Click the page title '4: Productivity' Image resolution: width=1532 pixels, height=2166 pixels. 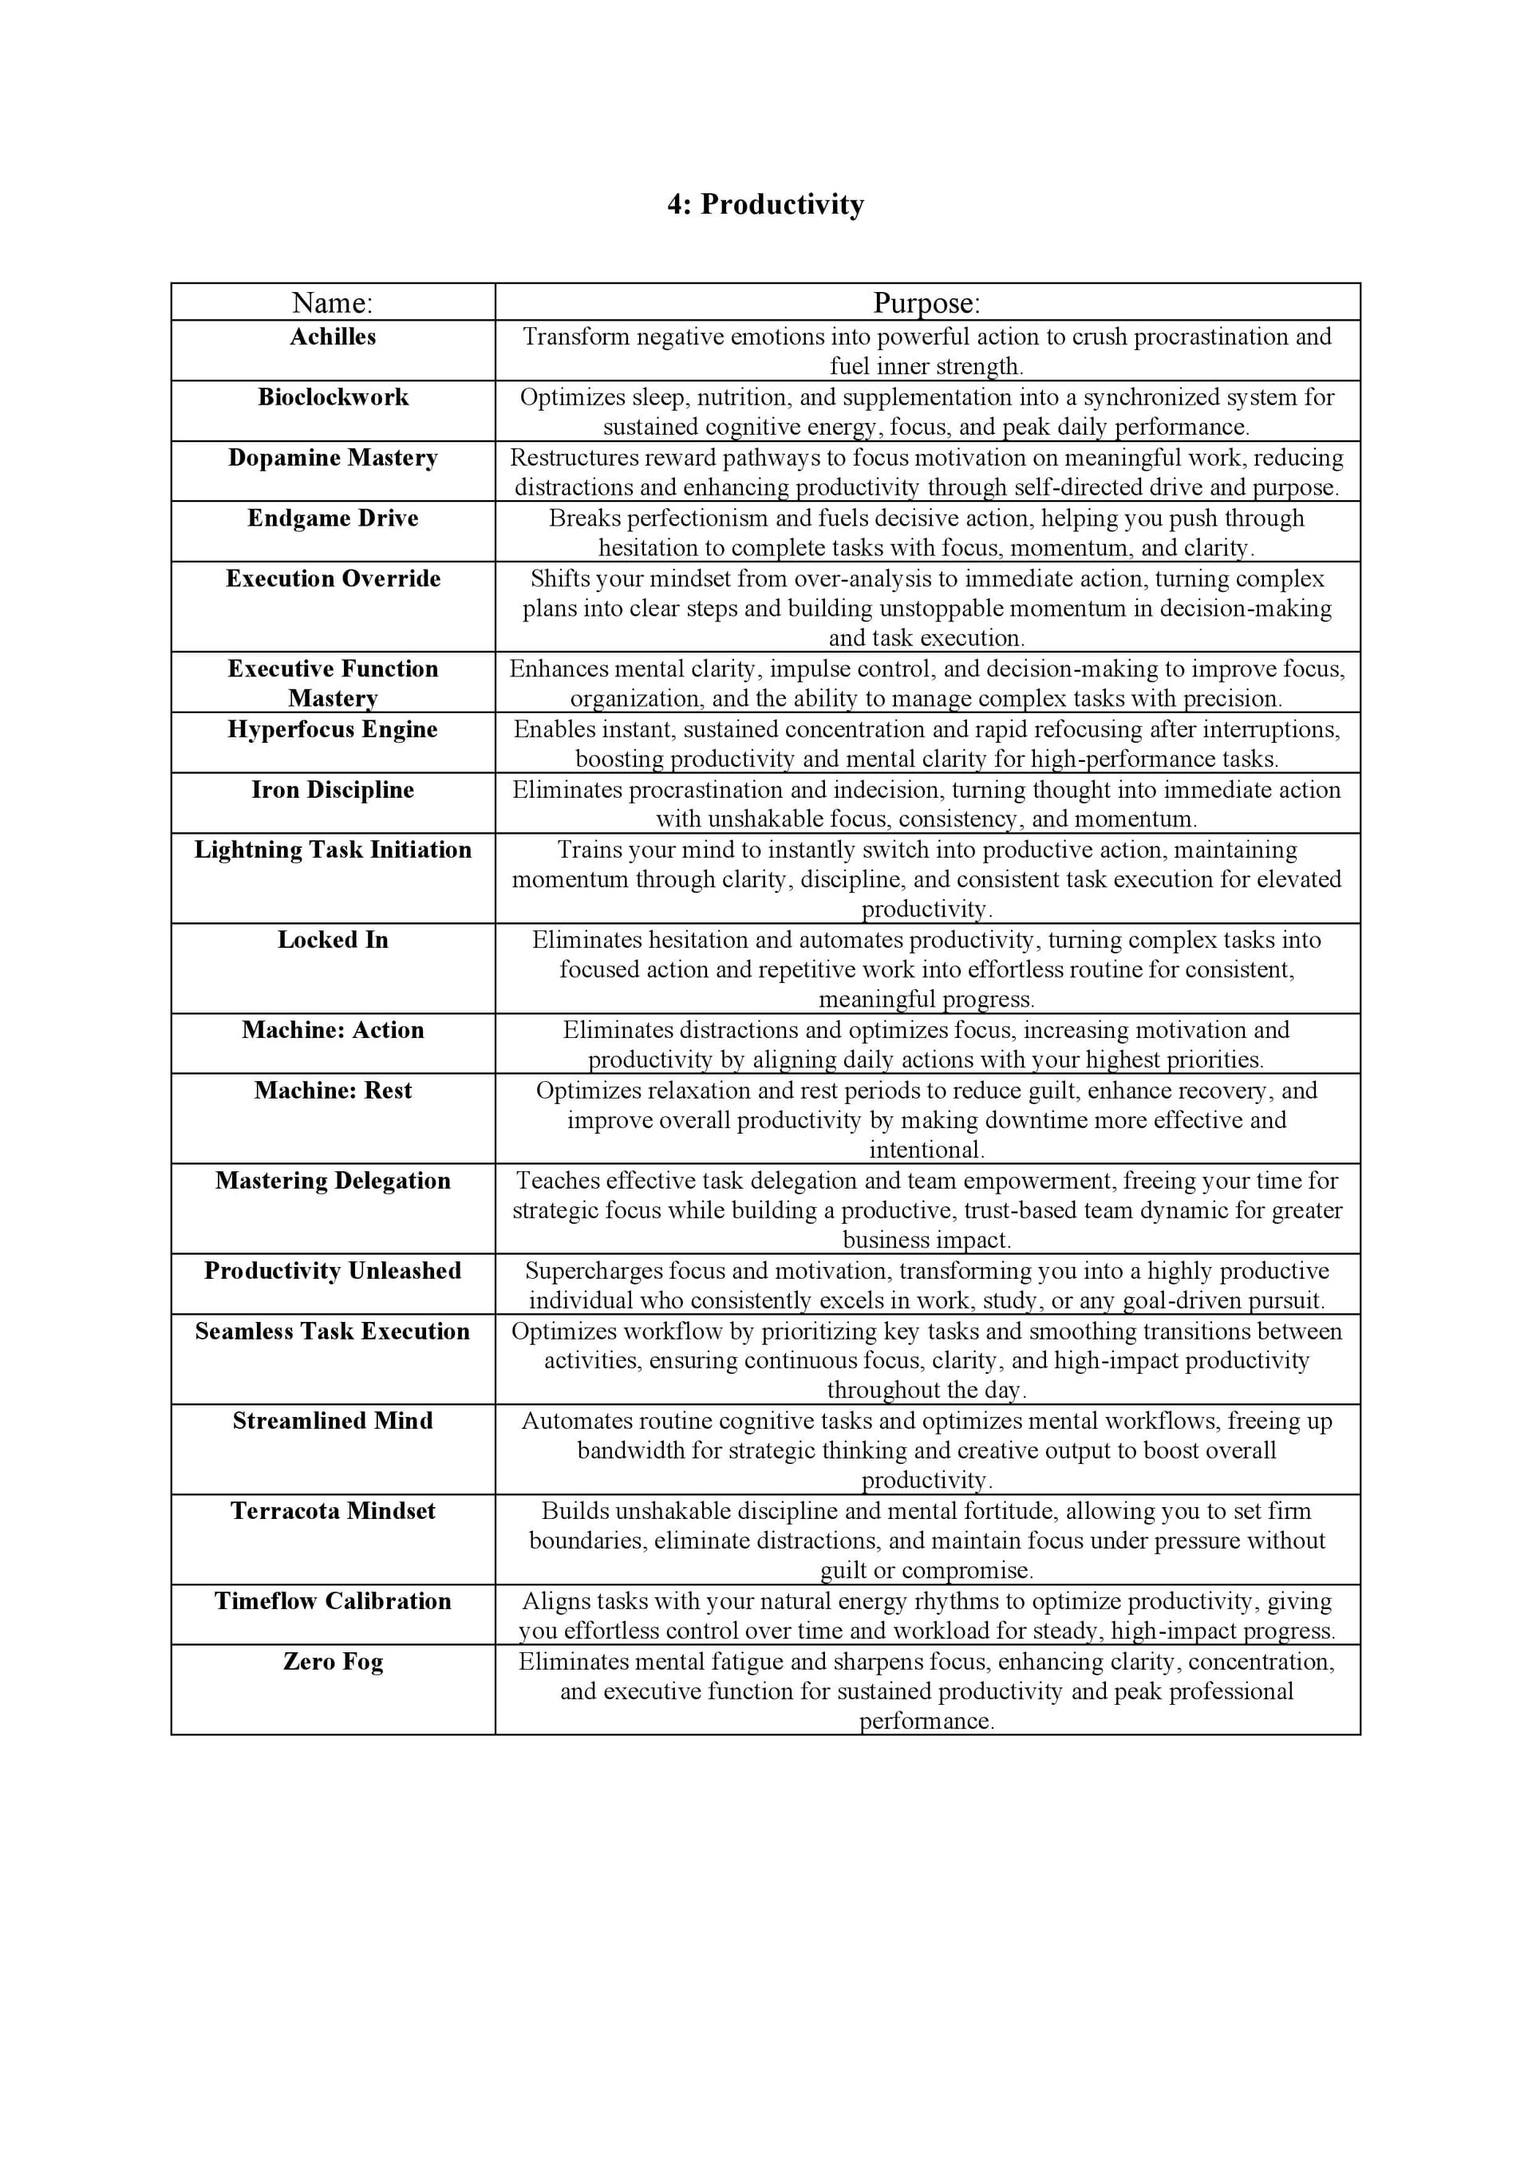coord(765,205)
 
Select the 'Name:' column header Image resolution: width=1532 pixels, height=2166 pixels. coord(332,303)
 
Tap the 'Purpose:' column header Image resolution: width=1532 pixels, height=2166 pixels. coord(926,303)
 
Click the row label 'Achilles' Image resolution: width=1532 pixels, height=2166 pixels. coord(332,337)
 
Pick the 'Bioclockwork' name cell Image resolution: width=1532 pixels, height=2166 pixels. coord(332,397)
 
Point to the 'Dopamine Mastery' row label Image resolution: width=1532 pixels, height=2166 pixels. coord(332,458)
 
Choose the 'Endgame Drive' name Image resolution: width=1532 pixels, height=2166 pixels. coord(332,518)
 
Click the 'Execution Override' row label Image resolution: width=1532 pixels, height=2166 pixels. coord(332,578)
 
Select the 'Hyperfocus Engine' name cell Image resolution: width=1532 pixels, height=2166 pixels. coord(332,729)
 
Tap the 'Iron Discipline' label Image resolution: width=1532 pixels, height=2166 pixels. coord(332,790)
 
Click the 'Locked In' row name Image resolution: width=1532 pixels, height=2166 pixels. coord(332,940)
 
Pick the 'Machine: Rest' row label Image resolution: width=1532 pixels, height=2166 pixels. coord(332,1091)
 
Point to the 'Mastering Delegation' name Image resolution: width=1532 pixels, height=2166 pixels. coord(332,1181)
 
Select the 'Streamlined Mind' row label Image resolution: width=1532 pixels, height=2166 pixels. coord(332,1421)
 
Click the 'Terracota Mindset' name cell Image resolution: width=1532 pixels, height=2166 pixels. coord(332,1511)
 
